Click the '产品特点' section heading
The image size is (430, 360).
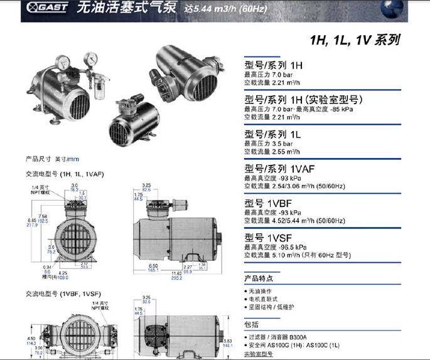[x=259, y=278]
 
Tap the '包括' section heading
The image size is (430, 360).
[x=251, y=324]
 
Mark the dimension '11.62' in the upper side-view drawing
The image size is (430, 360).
[x=177, y=273]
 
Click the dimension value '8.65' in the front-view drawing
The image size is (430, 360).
[x=32, y=220]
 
